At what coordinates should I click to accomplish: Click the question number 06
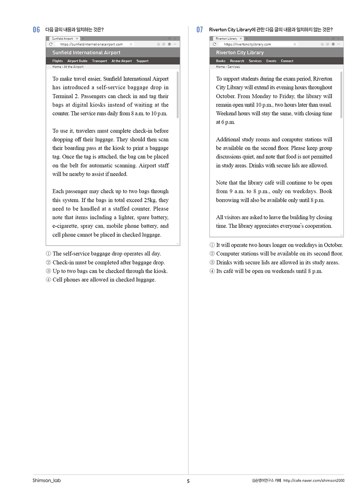[x=36, y=30]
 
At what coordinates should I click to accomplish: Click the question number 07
[x=200, y=30]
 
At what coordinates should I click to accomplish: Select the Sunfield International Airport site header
[x=86, y=52]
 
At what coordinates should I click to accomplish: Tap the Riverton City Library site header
[x=240, y=52]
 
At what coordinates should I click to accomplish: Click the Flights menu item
[x=57, y=61]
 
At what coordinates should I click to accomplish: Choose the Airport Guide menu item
[x=77, y=61]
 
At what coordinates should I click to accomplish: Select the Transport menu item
[x=99, y=61]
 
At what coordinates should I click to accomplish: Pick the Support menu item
[x=142, y=61]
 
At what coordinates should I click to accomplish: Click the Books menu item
[x=221, y=61]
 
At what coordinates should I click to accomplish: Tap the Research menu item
[x=237, y=61]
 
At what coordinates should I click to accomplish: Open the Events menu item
[x=271, y=61]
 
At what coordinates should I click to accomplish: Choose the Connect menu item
[x=287, y=61]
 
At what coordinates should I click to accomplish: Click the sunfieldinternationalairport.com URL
[x=91, y=44]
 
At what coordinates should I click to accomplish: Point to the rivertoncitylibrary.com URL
[x=247, y=44]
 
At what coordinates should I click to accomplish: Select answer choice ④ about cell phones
[x=101, y=280]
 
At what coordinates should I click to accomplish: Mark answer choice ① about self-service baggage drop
[x=103, y=254]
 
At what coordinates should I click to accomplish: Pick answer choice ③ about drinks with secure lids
[x=274, y=262]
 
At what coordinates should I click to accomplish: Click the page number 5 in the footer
[x=188, y=481]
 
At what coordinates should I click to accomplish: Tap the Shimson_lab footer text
[x=47, y=480]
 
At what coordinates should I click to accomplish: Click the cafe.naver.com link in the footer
[x=314, y=480]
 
